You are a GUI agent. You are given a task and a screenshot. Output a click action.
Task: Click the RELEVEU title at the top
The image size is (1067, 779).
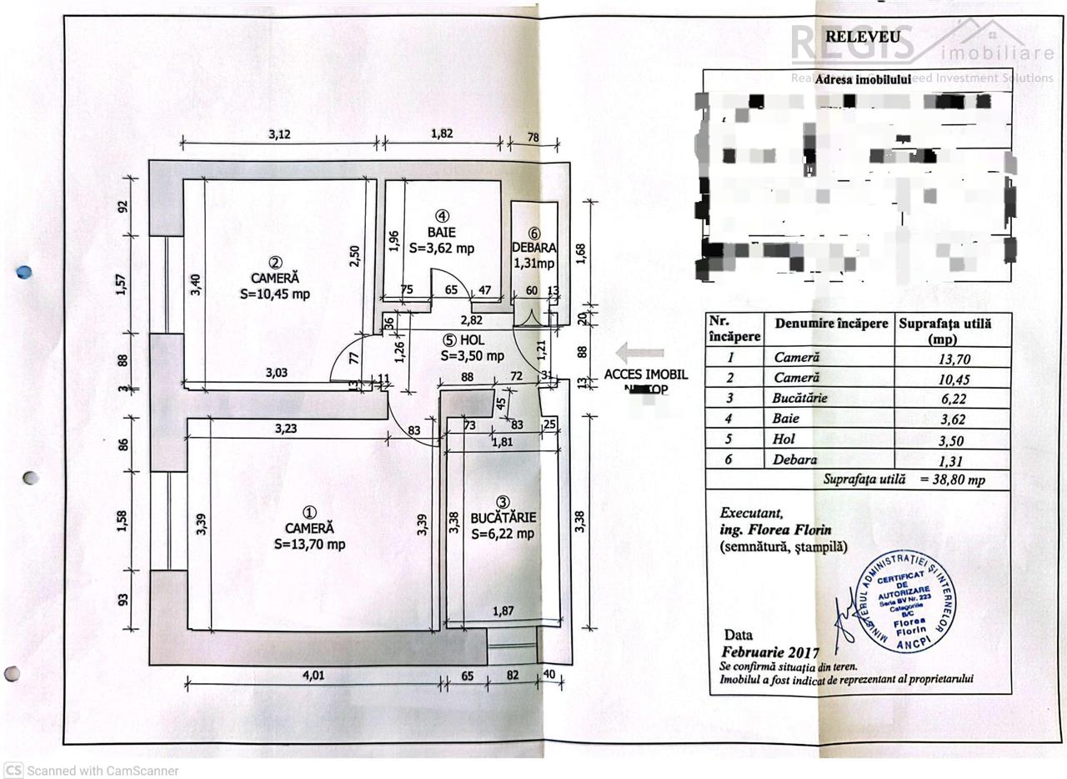(x=862, y=37)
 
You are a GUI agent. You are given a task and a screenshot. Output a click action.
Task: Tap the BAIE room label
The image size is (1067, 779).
(x=442, y=233)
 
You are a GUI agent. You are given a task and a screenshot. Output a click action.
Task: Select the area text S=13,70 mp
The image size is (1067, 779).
(x=309, y=545)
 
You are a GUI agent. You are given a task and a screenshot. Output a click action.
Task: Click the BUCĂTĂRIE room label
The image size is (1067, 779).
(x=503, y=518)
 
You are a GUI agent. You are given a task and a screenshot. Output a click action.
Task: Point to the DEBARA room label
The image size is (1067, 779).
(x=534, y=249)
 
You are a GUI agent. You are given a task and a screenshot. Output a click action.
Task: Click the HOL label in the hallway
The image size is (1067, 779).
(x=472, y=340)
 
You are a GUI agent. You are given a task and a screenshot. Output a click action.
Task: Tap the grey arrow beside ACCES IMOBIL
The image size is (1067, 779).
(x=639, y=354)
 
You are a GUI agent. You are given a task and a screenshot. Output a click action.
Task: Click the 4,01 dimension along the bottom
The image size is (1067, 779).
(x=312, y=676)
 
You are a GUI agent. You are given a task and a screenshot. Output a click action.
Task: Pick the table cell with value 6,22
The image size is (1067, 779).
(x=953, y=399)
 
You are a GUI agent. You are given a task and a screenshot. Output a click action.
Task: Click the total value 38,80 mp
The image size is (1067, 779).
(x=953, y=480)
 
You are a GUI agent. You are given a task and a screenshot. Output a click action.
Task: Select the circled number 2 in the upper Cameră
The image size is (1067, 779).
(x=263, y=263)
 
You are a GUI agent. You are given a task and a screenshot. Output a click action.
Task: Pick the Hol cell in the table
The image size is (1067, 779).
(x=784, y=440)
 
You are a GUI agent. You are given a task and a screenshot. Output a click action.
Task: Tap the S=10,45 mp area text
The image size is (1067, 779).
(x=275, y=294)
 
